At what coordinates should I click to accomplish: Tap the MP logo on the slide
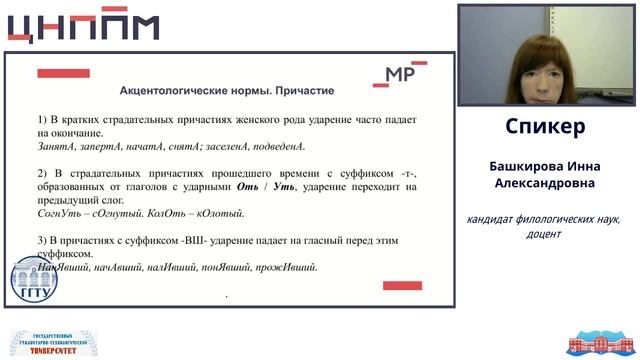pyautogui.click(x=402, y=75)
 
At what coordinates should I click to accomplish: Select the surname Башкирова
pyautogui.click(x=525, y=166)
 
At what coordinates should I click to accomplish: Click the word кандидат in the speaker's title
pyautogui.click(x=493, y=219)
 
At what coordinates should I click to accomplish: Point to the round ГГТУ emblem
pyautogui.click(x=34, y=280)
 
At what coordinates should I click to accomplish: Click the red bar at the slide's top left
pyautogui.click(x=63, y=73)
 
